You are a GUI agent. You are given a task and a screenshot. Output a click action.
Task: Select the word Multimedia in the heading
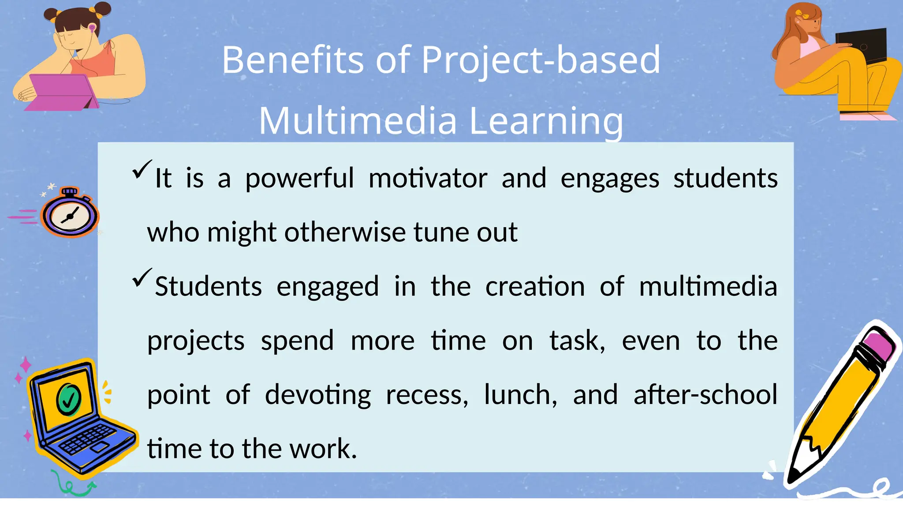pyautogui.click(x=358, y=120)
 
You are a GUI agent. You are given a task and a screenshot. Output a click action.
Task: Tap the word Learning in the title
pyautogui.click(x=546, y=120)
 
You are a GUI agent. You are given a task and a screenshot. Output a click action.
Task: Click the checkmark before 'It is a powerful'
pyautogui.click(x=142, y=169)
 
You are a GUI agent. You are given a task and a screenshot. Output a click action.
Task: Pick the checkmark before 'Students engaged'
pyautogui.click(x=142, y=278)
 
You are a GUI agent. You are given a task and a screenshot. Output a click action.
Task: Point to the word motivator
pyautogui.click(x=428, y=178)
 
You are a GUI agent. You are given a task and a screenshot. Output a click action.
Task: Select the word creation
pyautogui.click(x=535, y=287)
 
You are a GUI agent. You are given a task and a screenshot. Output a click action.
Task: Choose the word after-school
pyautogui.click(x=705, y=395)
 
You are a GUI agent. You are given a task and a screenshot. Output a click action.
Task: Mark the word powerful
pyautogui.click(x=299, y=178)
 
